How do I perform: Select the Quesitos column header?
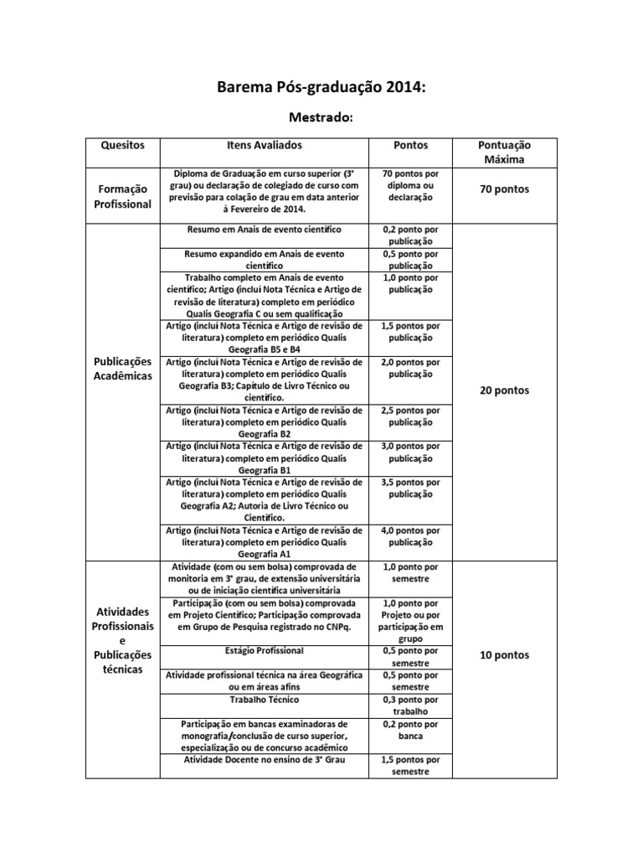123,145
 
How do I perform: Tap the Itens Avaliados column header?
264,145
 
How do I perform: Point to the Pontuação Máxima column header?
504,152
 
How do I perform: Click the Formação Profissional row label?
123,197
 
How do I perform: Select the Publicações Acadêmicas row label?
123,368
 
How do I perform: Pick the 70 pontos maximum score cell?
504,189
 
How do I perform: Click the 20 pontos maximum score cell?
504,390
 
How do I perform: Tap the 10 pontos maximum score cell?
504,655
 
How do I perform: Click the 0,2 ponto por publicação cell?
410,234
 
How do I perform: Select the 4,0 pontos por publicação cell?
410,535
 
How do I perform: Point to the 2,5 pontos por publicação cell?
410,416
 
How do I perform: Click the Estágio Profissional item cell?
264,650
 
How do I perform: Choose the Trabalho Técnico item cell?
264,699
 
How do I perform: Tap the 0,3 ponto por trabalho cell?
410,705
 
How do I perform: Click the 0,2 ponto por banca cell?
410,730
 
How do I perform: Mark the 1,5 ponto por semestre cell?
410,765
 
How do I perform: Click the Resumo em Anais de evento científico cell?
264,229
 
